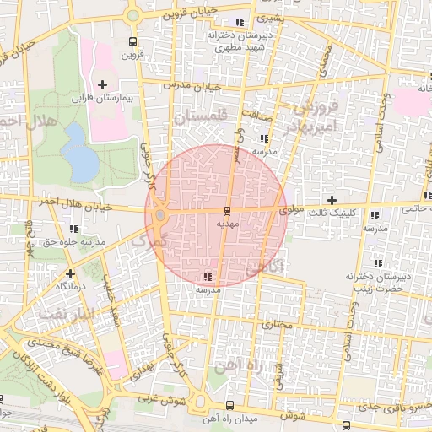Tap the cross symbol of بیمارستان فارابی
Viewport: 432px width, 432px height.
coord(103,84)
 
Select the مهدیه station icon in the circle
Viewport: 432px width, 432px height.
coord(227,211)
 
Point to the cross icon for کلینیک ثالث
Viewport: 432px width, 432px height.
coord(332,200)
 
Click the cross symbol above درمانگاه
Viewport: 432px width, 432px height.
coord(70,273)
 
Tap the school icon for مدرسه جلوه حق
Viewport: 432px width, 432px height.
coord(74,229)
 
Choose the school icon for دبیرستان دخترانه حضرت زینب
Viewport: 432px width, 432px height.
coord(377,262)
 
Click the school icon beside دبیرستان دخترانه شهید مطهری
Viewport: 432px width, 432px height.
coord(240,23)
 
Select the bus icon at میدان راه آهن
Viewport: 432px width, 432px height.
coord(231,405)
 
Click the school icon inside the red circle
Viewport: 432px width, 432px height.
coord(208,277)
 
